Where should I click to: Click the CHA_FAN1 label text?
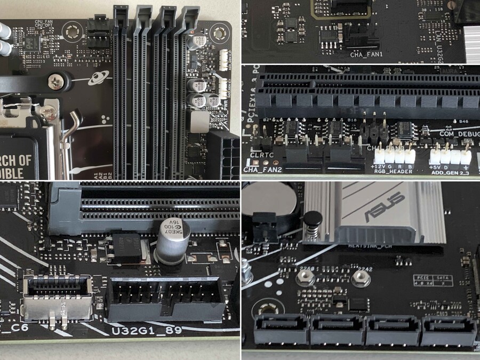point(366,54)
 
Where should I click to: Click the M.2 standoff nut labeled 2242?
point(361,277)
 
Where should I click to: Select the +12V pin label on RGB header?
point(377,166)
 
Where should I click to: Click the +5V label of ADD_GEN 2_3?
point(435,166)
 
